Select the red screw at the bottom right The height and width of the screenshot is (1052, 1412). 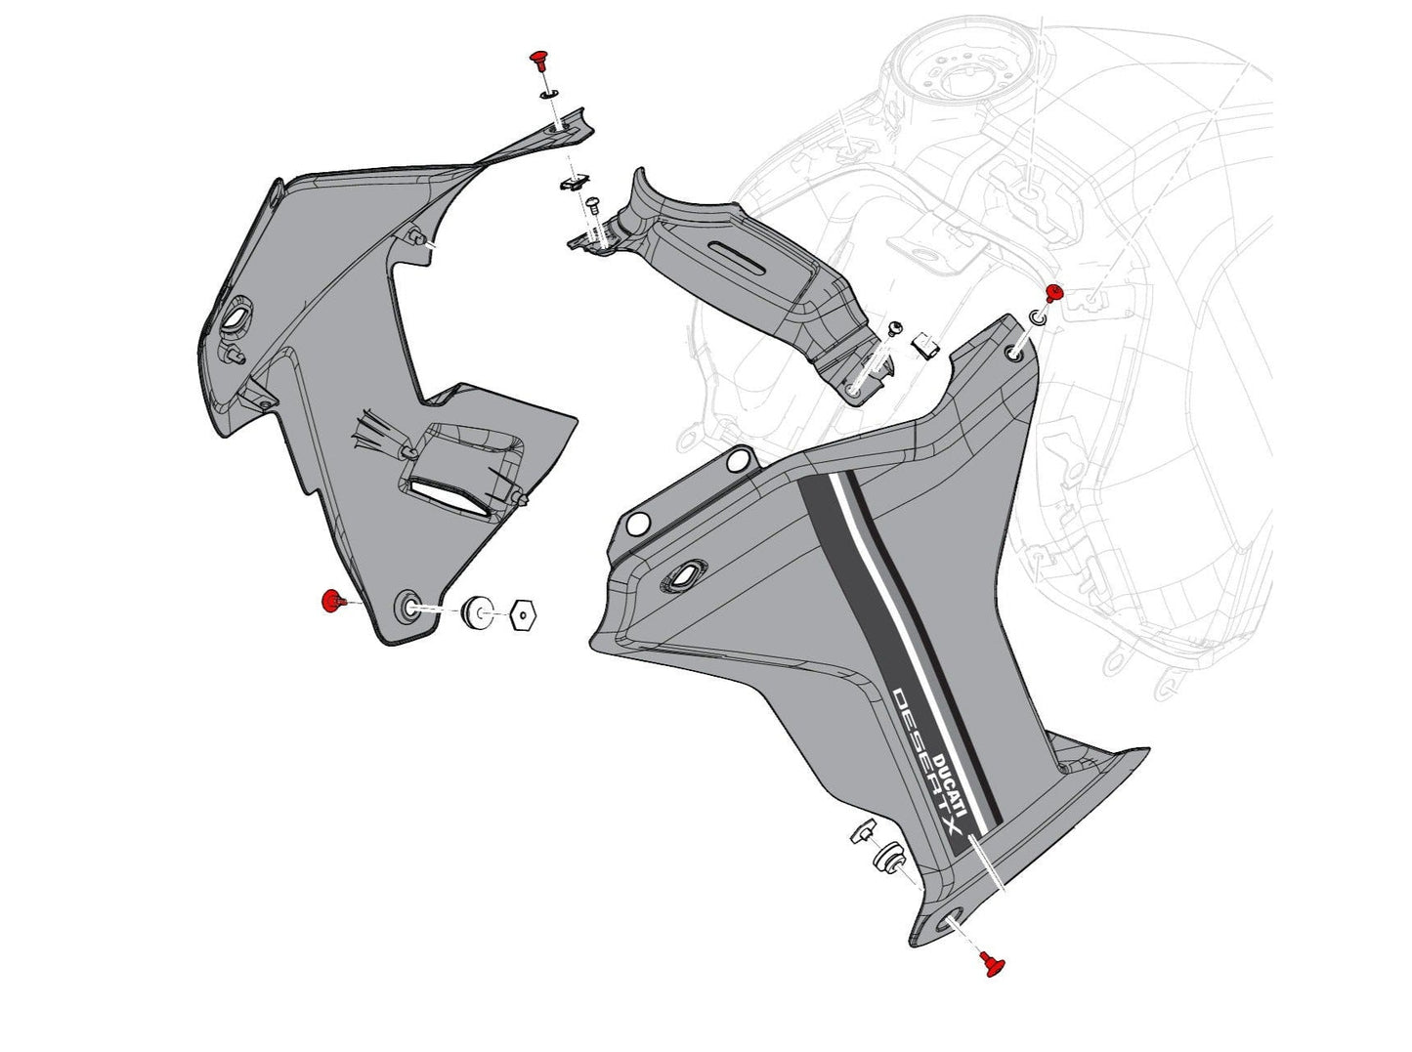994,964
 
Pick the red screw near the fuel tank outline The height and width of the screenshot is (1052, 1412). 1053,293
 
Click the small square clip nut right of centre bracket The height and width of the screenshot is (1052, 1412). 924,345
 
